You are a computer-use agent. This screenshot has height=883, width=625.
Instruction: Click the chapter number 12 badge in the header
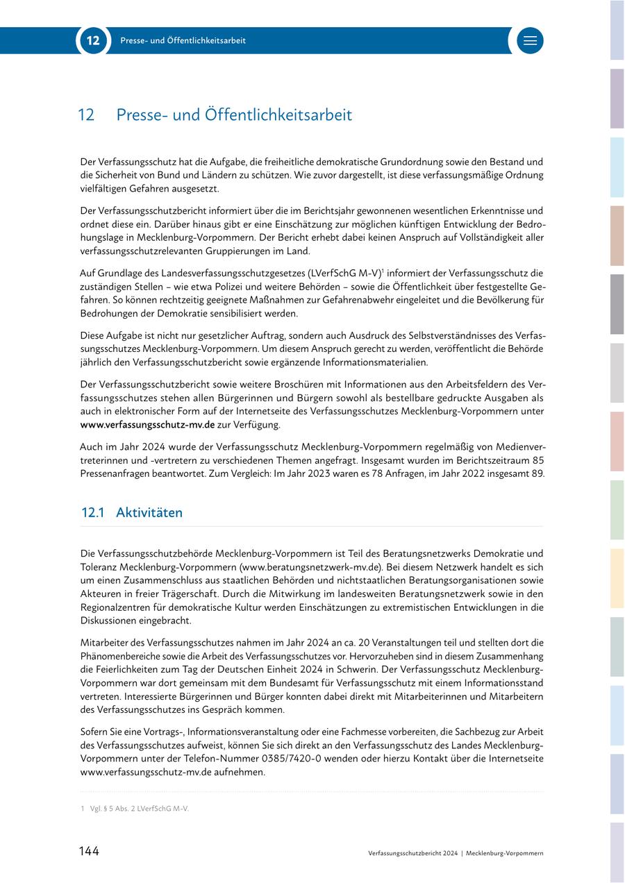pyautogui.click(x=93, y=41)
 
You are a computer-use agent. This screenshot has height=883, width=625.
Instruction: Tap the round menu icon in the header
pyautogui.click(x=530, y=41)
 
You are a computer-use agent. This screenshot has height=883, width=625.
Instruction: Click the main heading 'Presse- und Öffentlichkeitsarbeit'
pyautogui.click(x=234, y=115)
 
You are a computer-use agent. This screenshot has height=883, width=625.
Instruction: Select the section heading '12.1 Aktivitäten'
pyautogui.click(x=132, y=513)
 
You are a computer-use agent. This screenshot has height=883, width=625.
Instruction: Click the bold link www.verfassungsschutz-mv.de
pyautogui.click(x=147, y=424)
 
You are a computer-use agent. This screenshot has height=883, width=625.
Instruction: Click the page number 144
pyautogui.click(x=88, y=852)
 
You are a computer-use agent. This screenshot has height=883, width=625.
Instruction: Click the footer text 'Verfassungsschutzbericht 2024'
pyautogui.click(x=413, y=853)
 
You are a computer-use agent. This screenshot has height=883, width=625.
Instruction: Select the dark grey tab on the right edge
pyautogui.click(x=617, y=304)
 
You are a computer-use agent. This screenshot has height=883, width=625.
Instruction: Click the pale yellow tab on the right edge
pyautogui.click(x=617, y=579)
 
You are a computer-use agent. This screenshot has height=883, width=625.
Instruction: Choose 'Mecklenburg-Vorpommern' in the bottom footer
pyautogui.click(x=505, y=853)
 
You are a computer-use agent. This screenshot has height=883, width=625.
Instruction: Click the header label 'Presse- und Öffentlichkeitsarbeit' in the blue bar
pyautogui.click(x=183, y=41)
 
